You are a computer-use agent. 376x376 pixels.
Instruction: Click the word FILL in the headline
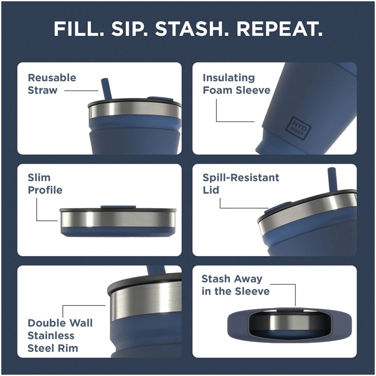pyautogui.click(x=79, y=29)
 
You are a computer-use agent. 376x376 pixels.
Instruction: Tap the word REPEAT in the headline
pyautogui.click(x=279, y=29)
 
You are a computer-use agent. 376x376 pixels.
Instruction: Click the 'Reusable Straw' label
pyautogui.click(x=52, y=84)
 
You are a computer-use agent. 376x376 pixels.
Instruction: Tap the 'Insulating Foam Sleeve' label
pyautogui.click(x=237, y=84)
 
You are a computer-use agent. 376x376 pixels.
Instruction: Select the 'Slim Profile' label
pyautogui.click(x=45, y=184)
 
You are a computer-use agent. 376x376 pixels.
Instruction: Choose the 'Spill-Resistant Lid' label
pyautogui.click(x=241, y=184)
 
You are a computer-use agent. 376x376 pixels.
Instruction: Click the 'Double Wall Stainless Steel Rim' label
pyautogui.click(x=60, y=335)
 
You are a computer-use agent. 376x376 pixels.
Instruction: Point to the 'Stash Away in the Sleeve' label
pyautogui.click(x=235, y=285)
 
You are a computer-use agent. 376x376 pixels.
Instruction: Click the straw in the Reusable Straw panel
pyautogui.click(x=106, y=88)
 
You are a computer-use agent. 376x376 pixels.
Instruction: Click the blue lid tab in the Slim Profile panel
pyautogui.click(x=118, y=207)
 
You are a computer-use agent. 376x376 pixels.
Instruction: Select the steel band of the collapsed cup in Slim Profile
pyautogui.click(x=117, y=219)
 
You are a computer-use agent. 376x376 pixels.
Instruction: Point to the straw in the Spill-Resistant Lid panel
pyautogui.click(x=332, y=178)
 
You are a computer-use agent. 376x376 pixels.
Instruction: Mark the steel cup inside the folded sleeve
pyautogui.click(x=290, y=322)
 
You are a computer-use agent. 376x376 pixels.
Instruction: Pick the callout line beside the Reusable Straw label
pyautogui.click(x=81, y=91)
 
